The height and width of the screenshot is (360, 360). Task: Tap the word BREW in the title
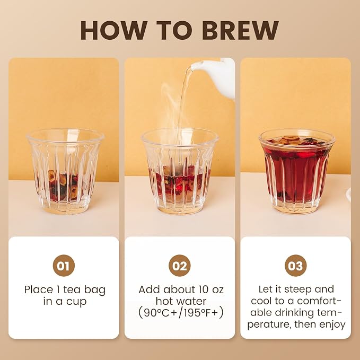click(x=240, y=30)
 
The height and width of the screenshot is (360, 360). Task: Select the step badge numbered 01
click(x=64, y=266)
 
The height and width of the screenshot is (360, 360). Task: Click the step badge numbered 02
click(x=180, y=266)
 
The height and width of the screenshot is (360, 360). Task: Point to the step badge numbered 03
click(x=295, y=266)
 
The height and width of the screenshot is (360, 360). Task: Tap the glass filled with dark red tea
click(x=296, y=171)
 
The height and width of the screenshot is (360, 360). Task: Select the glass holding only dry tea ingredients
click(x=65, y=171)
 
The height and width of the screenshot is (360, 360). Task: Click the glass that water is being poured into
click(x=180, y=171)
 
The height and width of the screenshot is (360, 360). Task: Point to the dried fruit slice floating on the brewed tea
click(x=288, y=139)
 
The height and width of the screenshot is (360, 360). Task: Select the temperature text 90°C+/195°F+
click(x=181, y=313)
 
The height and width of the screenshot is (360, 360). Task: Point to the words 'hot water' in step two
click(x=181, y=301)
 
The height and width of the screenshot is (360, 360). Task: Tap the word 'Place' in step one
click(x=39, y=289)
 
